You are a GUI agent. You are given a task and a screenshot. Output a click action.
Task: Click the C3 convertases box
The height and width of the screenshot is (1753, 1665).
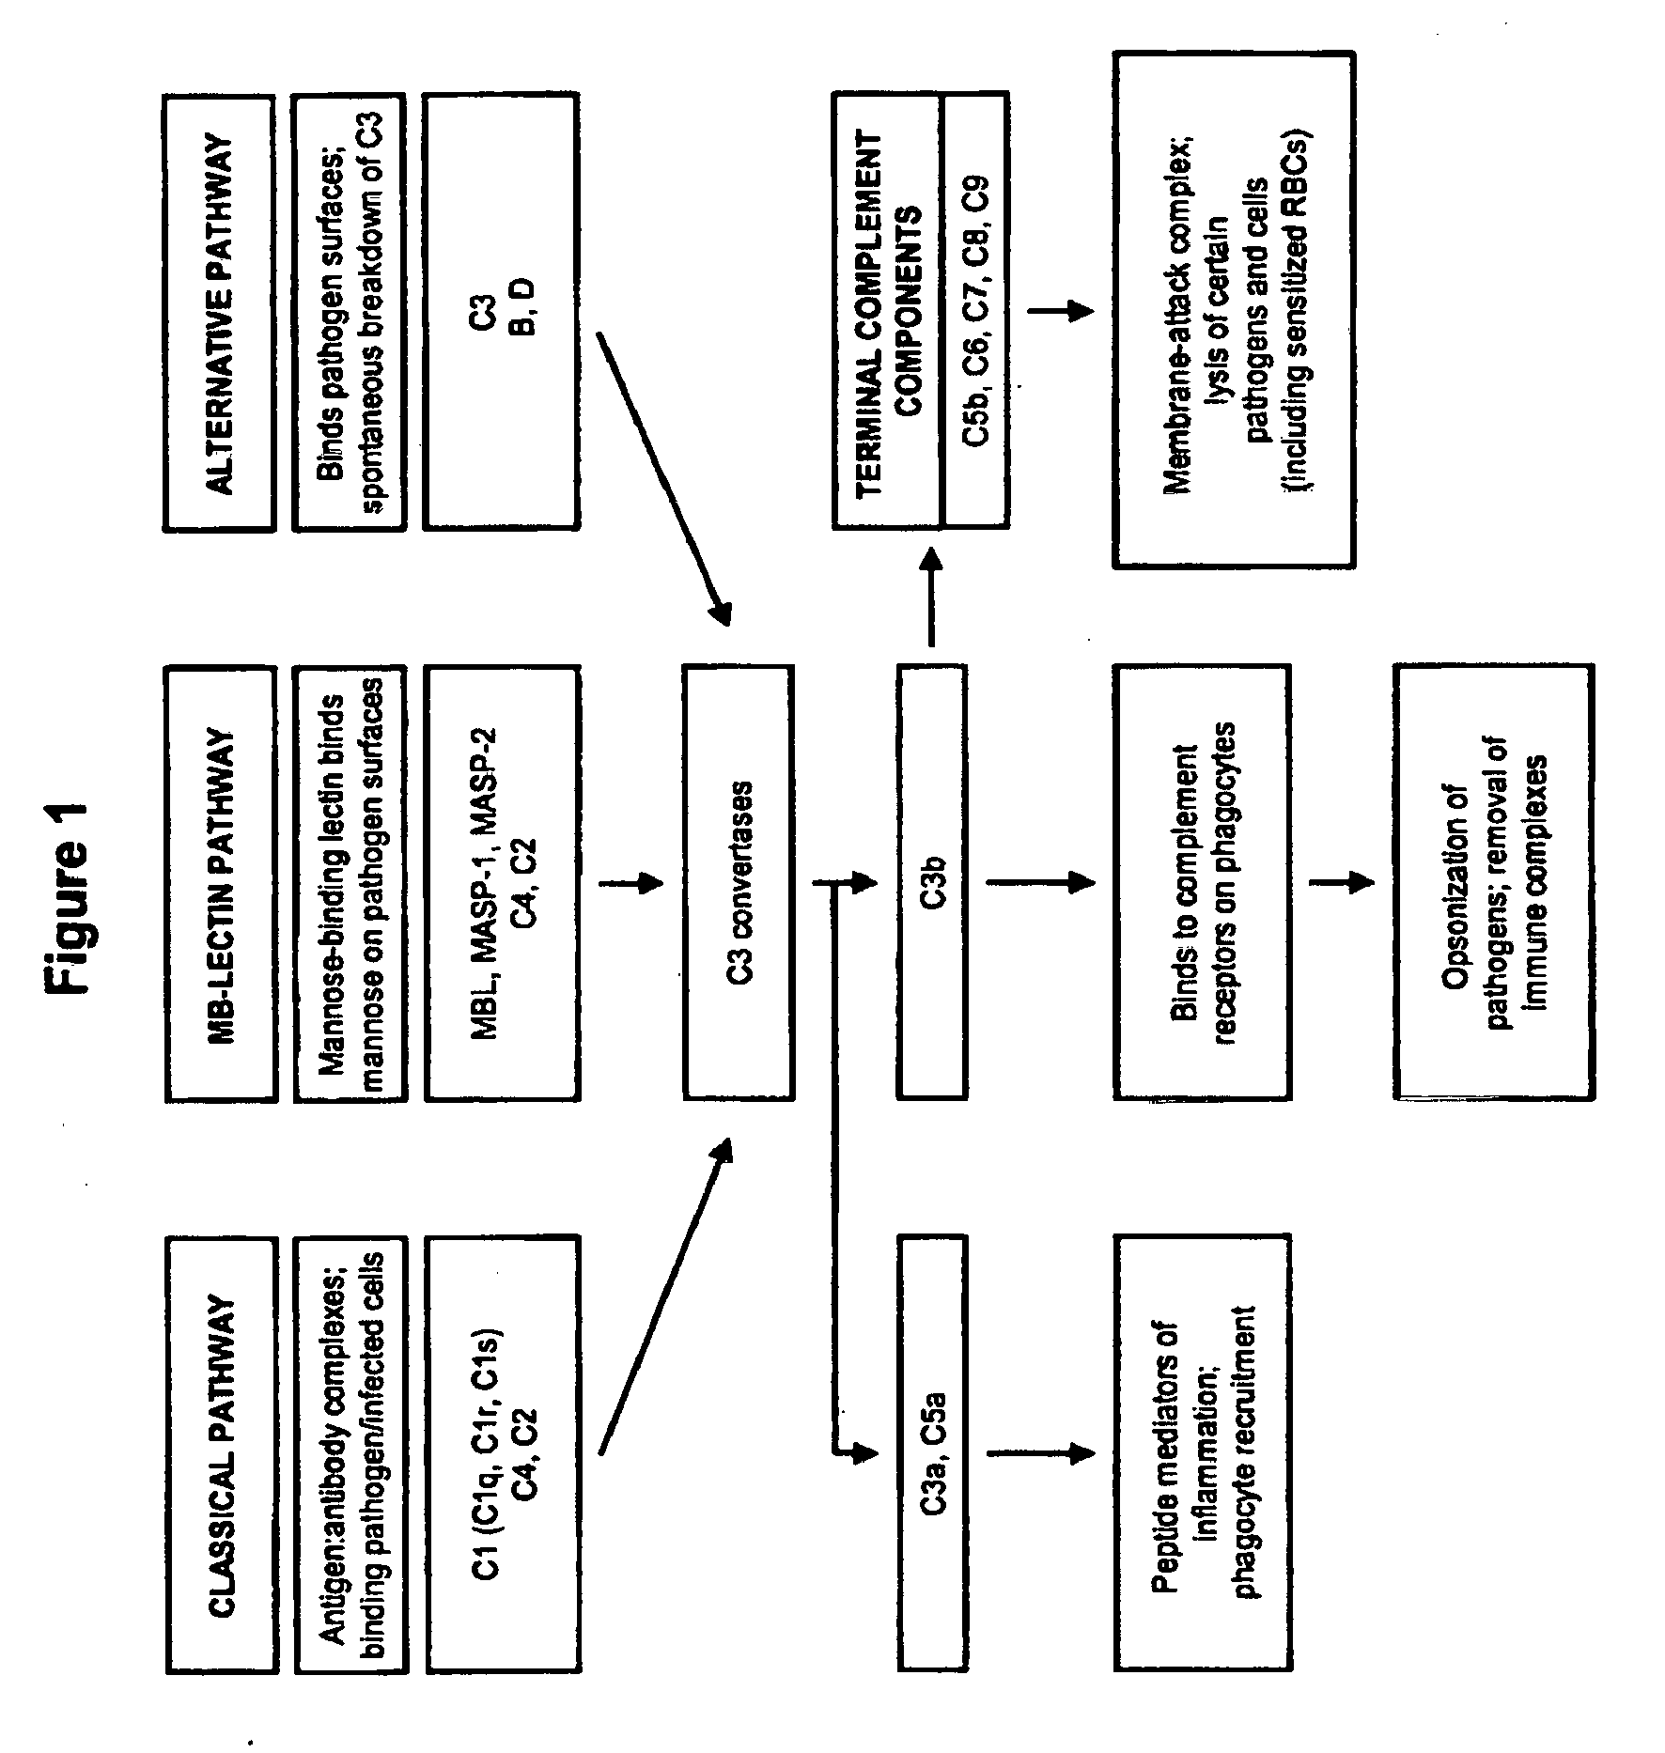(739, 882)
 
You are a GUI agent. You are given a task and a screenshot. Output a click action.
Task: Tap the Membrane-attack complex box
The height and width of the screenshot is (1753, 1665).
(1234, 309)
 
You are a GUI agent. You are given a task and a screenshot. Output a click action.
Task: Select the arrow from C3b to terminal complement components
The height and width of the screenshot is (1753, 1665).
(931, 597)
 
